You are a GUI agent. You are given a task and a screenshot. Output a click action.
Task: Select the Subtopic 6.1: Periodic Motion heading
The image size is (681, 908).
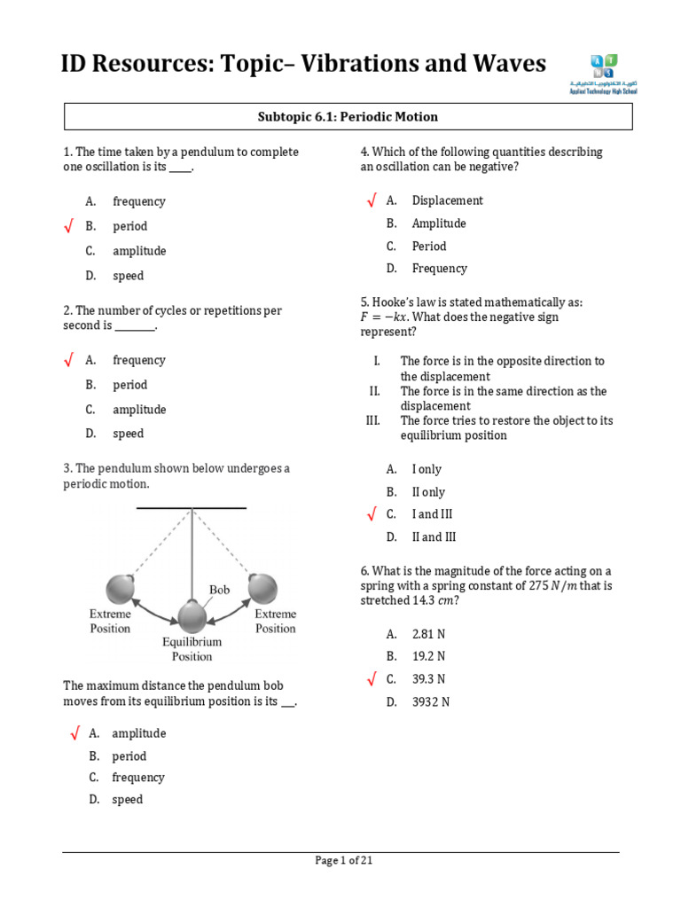pyautogui.click(x=348, y=117)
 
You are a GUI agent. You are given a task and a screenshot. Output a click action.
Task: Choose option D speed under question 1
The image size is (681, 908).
pyautogui.click(x=128, y=276)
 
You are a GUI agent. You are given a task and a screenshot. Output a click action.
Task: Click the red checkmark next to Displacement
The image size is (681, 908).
pyautogui.click(x=372, y=201)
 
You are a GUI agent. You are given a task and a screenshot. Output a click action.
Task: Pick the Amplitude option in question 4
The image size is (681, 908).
pyautogui.click(x=438, y=223)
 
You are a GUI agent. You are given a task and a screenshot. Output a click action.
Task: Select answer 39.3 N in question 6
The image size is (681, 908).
pyautogui.click(x=428, y=679)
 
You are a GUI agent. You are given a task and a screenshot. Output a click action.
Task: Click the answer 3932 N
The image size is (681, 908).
pyautogui.click(x=431, y=702)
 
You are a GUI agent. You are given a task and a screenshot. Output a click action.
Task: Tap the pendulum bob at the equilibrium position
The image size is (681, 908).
pyautogui.click(x=192, y=615)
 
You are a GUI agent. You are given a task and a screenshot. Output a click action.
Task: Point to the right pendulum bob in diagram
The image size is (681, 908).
pyautogui.click(x=262, y=588)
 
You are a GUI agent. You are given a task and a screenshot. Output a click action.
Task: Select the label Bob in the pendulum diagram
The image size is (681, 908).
pyautogui.click(x=219, y=590)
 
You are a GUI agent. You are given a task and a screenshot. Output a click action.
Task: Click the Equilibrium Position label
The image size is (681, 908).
pyautogui.click(x=192, y=649)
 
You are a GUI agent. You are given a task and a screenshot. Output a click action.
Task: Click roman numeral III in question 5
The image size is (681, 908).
pyautogui.click(x=372, y=421)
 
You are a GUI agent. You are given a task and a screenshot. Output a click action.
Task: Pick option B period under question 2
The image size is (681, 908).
pyautogui.click(x=129, y=385)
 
